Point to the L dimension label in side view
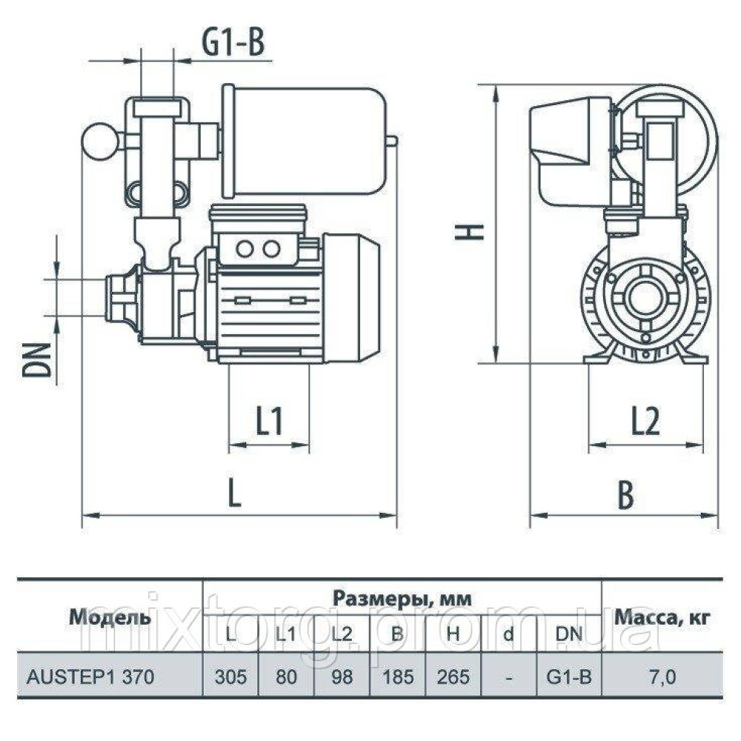pyautogui.click(x=234, y=494)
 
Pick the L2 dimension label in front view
pyautogui.click(x=645, y=423)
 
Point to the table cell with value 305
pyautogui.click(x=230, y=677)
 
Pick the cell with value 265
pyautogui.click(x=452, y=677)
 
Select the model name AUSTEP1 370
pyautogui.click(x=90, y=677)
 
